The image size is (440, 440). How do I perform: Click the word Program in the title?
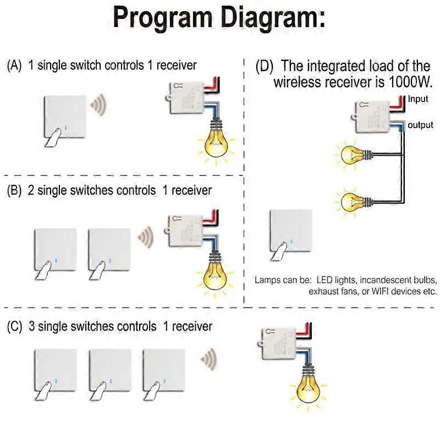pyautogui.click(x=159, y=18)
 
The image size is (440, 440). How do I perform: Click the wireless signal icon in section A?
pyautogui.click(x=98, y=104)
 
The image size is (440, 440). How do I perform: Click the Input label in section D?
pyautogui.click(x=417, y=99)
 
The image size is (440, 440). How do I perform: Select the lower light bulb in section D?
pyautogui.click(x=350, y=201)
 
